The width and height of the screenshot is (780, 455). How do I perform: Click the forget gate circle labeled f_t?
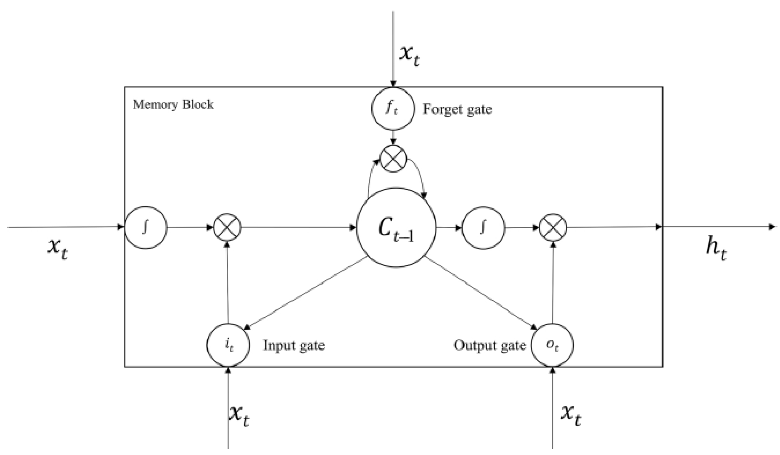point(393,109)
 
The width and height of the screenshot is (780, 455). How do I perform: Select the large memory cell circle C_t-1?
point(396,227)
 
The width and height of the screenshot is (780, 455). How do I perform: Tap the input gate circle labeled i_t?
point(228,345)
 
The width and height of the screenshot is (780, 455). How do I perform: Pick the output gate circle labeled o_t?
point(552,345)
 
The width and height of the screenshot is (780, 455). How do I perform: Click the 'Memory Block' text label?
point(173,105)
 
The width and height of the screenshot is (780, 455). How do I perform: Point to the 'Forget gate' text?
point(457,109)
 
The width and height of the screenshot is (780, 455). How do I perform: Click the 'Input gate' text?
point(294,346)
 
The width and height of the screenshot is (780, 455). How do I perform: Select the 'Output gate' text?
point(490,346)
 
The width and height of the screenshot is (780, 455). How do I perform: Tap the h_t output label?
point(716,250)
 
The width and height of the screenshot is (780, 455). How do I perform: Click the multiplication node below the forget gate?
point(393,159)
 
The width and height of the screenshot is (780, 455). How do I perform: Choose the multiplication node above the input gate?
point(227,227)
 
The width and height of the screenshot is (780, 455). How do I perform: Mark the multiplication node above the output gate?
point(553,227)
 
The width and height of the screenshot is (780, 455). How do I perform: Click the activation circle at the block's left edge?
point(146,227)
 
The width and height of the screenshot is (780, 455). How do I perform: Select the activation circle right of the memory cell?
point(483,227)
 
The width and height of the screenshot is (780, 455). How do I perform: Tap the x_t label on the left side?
point(58,249)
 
